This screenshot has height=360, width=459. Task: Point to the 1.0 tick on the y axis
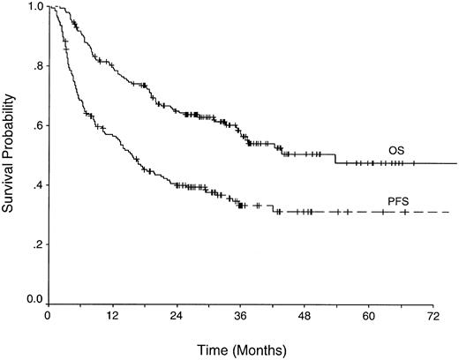pos(33,6)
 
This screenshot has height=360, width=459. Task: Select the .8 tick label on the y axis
pos(36,66)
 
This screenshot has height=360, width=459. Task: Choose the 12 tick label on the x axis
pos(112,315)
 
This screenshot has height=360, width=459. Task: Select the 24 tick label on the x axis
pos(177,315)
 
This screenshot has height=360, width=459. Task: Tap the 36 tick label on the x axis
pos(240,315)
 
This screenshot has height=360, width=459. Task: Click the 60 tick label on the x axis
pos(369,315)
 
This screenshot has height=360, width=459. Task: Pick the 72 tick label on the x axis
pos(433,315)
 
